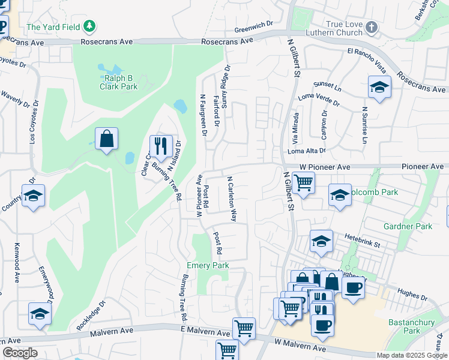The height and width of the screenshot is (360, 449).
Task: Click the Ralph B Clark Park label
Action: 118,82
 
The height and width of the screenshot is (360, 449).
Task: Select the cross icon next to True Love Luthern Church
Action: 372,27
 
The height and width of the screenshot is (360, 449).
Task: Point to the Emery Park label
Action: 208,265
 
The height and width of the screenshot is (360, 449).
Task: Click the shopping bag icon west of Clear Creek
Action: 106,139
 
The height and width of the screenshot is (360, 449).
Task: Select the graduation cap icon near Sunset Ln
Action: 379,86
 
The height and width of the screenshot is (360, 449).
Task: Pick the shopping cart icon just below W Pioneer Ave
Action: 303,182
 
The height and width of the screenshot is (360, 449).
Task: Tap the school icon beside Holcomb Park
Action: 340,195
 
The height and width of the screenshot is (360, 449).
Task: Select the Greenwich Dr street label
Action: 254,28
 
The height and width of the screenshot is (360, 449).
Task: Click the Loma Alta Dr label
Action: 307,151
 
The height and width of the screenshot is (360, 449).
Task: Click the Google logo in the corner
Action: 20,353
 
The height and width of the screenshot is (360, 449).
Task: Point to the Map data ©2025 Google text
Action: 411,355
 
